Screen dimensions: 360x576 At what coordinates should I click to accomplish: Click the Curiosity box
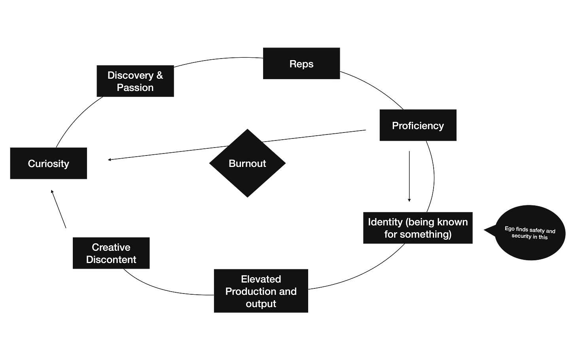(x=49, y=163)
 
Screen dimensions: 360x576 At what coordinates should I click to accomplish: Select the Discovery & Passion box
(x=135, y=81)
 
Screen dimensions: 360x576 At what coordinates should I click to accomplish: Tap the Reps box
(x=301, y=64)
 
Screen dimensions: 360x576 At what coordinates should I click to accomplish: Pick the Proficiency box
(x=418, y=125)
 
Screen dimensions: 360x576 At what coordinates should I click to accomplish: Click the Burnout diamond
(x=247, y=163)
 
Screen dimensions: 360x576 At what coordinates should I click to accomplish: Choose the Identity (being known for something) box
(x=418, y=228)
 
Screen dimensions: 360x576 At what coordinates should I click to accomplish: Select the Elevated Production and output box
(x=261, y=291)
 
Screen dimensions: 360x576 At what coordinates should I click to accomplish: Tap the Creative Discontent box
(x=111, y=253)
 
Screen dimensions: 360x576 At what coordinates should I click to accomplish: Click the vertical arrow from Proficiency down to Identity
(x=409, y=176)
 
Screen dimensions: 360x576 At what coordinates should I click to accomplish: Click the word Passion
(x=135, y=87)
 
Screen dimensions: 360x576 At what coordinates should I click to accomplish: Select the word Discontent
(x=111, y=260)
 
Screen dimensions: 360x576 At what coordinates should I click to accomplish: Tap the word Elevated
(x=261, y=279)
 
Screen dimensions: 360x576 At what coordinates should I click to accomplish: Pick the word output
(x=261, y=304)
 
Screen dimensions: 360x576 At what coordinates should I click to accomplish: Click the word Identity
(x=384, y=222)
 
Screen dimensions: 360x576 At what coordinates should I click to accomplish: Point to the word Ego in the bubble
(x=510, y=229)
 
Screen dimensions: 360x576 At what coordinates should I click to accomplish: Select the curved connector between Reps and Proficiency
(x=374, y=89)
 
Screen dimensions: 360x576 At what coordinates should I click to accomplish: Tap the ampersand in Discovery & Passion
(x=159, y=75)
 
